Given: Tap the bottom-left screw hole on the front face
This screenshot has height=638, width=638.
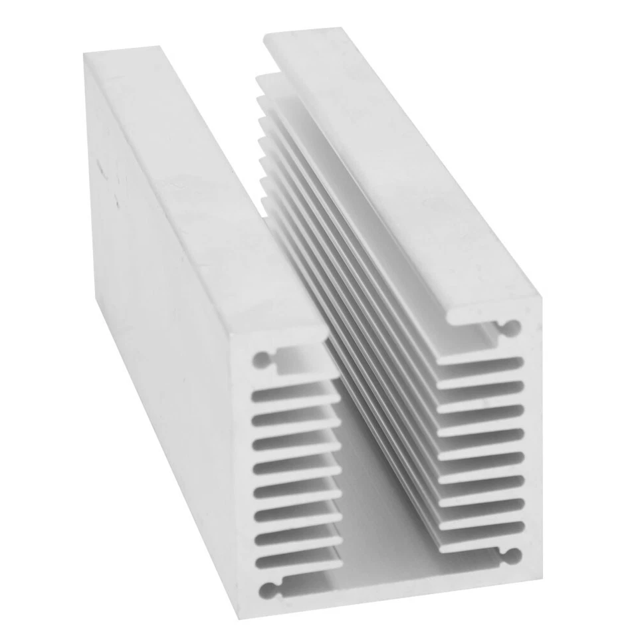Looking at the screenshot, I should click(268, 588).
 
